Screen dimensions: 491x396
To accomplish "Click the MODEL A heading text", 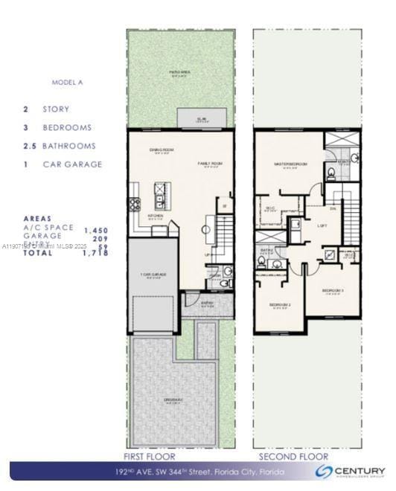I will pos(68,83).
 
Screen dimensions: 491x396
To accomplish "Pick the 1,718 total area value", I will pos(96,253).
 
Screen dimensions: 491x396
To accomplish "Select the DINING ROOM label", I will pos(161,151).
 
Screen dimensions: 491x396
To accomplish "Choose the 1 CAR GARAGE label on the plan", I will pos(153,275).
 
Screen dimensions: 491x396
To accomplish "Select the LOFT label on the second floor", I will pos(323,225).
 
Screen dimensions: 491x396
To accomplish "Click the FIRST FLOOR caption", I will pos(150,456).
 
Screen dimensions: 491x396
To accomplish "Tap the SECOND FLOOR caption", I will pos(293,456).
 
